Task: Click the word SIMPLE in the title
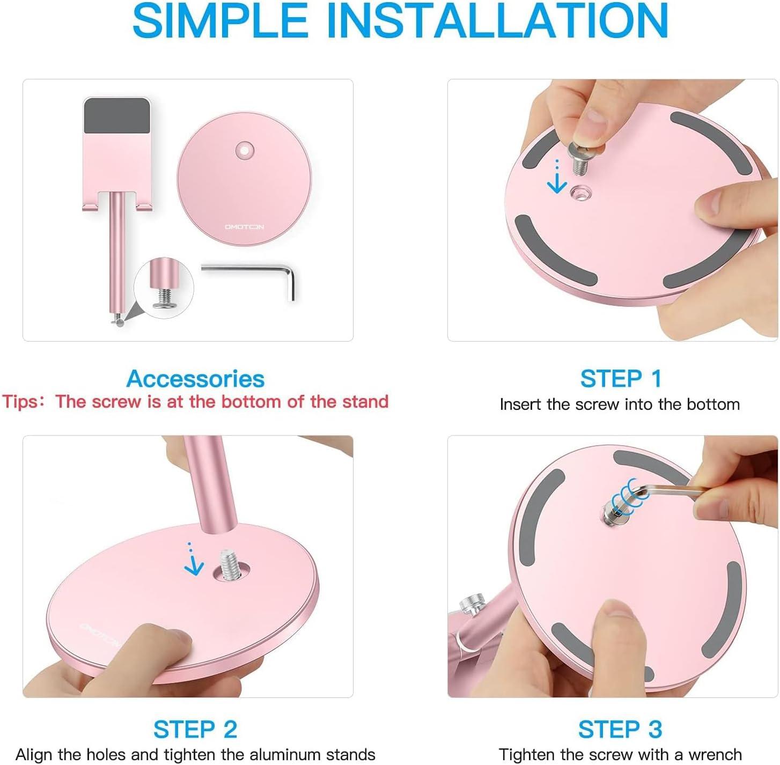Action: [x=220, y=20]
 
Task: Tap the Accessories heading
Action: [x=195, y=379]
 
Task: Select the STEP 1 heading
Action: [x=621, y=379]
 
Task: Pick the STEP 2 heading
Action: [x=195, y=729]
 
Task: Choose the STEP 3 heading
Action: [x=620, y=729]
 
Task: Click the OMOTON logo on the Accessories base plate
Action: [x=244, y=227]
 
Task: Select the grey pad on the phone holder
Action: [x=117, y=116]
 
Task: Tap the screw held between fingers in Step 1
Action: [x=580, y=158]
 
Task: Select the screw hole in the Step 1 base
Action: [x=581, y=195]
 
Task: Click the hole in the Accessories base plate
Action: [x=245, y=151]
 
